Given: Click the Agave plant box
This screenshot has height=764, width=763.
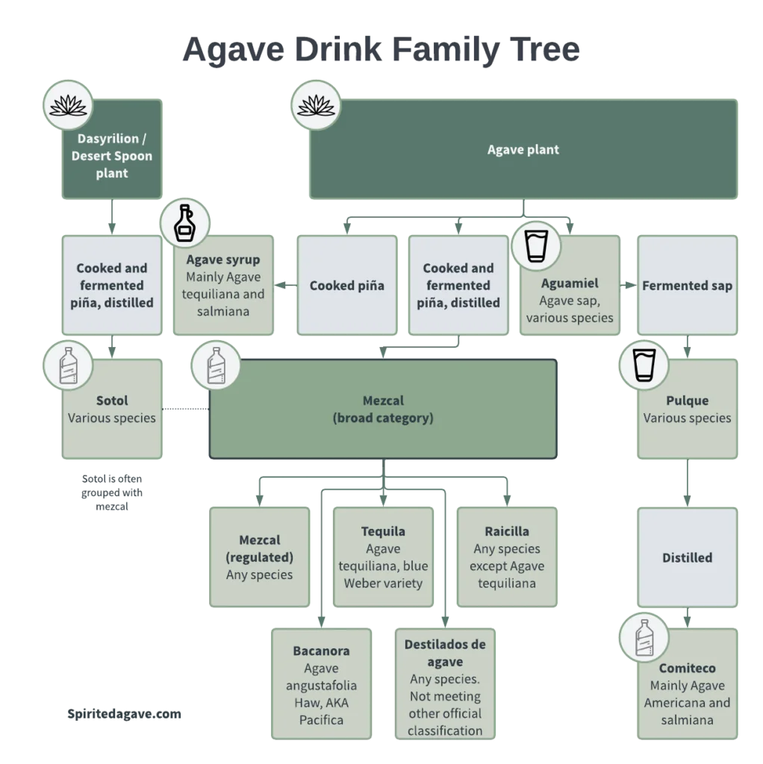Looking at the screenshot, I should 523,149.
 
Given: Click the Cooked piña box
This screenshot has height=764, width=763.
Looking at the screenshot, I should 347,285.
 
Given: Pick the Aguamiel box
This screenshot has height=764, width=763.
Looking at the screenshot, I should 570,298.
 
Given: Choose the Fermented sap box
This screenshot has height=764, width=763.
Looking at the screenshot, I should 687,285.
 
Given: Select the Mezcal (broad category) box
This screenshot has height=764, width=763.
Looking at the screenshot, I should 382,409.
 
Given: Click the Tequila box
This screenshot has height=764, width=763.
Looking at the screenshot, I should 383,557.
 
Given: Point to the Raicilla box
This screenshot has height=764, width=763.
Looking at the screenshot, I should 507,557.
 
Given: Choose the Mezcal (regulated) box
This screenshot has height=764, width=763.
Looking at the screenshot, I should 259,557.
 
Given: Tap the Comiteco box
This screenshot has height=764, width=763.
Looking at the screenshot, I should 687,690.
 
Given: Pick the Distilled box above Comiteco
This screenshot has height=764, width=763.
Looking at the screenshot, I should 687,557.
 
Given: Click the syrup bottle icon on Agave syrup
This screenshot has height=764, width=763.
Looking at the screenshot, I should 184,225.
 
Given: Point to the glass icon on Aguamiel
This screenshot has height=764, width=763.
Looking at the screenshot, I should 536,244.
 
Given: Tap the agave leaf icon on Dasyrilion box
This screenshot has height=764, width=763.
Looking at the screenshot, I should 69,104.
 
